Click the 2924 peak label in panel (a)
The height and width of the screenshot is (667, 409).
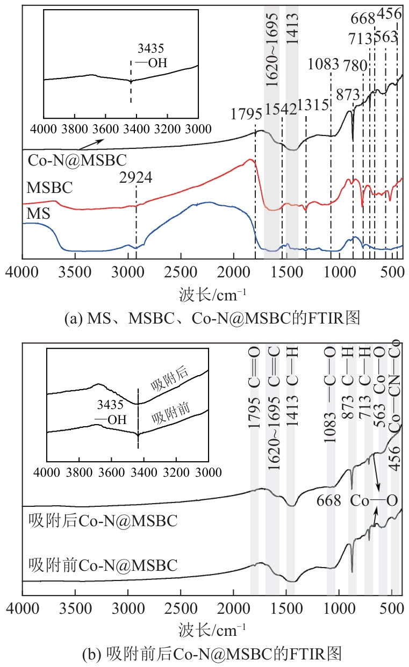[x=136, y=177]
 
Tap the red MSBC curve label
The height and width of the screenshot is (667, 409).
[x=49, y=188]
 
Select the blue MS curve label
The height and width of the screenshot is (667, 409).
[x=38, y=213]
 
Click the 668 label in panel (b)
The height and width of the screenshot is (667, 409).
[x=328, y=500]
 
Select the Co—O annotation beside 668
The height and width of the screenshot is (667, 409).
[x=374, y=500]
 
